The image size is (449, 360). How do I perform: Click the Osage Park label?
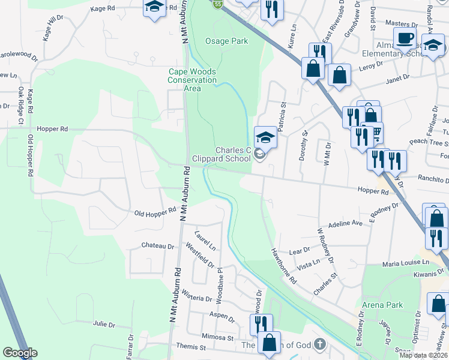tap(226, 41)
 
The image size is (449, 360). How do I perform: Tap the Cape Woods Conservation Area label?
tap(192, 80)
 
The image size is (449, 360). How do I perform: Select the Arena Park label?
tap(382, 305)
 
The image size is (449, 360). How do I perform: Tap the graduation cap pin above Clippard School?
tap(265, 137)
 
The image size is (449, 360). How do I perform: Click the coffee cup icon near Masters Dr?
tap(405, 38)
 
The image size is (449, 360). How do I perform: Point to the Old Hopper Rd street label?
tap(155, 212)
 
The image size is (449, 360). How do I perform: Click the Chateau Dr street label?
tap(157, 245)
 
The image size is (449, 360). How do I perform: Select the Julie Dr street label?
tap(104, 324)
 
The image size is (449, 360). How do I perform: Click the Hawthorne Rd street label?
tap(284, 266)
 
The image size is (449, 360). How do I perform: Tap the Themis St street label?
tap(191, 347)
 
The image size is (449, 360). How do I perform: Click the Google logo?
tap(20, 353)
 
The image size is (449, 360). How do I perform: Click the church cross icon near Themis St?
tap(320, 344)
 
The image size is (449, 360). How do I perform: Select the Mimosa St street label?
tap(218, 338)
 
